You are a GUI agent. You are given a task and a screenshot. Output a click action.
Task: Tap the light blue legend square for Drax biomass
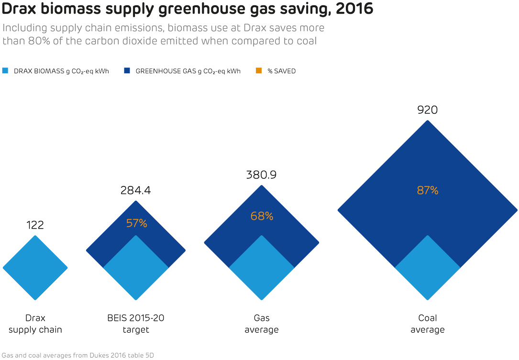pos(6,71)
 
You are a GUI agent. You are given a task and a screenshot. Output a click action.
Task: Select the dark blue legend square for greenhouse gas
pos(127,71)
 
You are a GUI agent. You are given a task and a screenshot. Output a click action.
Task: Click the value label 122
pos(35,225)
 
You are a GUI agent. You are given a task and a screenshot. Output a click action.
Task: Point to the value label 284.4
pos(135,190)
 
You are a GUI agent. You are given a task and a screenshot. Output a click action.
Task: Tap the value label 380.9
pos(261,175)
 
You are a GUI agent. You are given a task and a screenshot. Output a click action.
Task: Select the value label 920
pos(427,110)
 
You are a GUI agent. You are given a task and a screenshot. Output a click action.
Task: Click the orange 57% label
pos(136,223)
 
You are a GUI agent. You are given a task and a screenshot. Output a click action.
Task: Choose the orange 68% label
pos(262,216)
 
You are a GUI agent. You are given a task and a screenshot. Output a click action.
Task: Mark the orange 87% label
pos(427,190)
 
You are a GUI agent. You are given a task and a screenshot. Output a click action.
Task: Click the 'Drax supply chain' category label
pos(35,324)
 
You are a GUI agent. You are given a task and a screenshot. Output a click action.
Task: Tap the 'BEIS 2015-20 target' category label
pos(135,324)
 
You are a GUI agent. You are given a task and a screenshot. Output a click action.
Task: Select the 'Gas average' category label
pos(261,324)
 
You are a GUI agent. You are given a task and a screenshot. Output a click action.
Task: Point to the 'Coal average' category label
pos(427,324)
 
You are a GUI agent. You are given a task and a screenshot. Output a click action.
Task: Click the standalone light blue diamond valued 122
pos(35,268)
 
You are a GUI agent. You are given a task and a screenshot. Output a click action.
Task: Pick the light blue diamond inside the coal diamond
pos(427,270)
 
